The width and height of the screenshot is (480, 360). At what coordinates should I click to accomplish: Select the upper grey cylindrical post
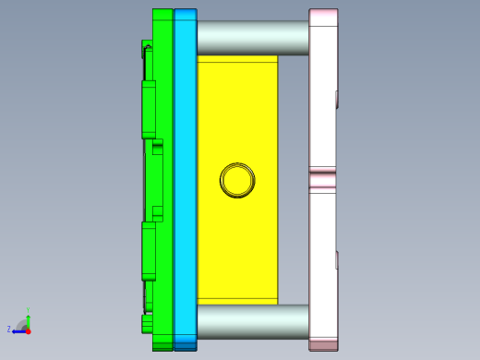(252, 38)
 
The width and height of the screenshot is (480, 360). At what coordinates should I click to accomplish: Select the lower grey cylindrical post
(252, 321)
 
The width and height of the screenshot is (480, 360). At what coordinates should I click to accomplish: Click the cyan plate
(185, 180)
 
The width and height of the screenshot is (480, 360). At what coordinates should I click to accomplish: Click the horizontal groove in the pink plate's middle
(323, 176)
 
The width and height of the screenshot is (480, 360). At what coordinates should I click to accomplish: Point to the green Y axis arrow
(28, 315)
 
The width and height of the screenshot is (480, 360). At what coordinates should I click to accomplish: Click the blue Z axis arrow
(18, 330)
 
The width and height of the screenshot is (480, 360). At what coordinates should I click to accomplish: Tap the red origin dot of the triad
(28, 330)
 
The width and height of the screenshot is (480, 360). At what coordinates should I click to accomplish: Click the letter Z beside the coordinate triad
(9, 329)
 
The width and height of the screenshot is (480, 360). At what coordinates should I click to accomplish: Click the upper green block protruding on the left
(148, 109)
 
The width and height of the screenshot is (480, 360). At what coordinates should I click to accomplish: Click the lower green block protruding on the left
(148, 249)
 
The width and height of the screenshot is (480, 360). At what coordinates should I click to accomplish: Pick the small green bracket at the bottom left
(147, 322)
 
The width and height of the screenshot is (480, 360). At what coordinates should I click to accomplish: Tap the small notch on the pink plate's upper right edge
(337, 98)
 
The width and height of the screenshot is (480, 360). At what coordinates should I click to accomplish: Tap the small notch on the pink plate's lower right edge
(337, 259)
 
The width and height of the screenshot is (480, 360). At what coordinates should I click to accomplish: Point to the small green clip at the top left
(147, 46)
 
